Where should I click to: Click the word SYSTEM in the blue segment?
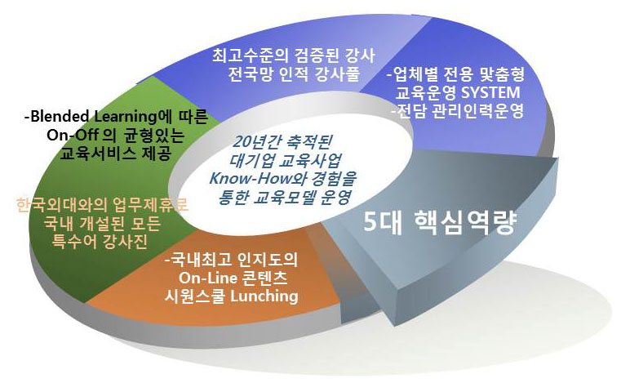[490, 92]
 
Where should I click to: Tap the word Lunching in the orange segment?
[264, 296]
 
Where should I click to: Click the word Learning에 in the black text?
[131, 117]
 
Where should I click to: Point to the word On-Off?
[72, 135]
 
